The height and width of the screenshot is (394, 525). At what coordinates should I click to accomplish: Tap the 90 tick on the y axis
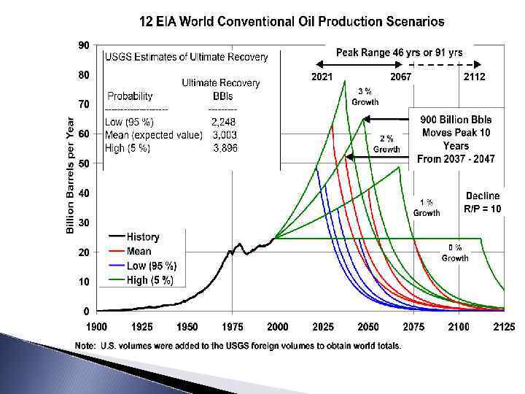coord(84,45)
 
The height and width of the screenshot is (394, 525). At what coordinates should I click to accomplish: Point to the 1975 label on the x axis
coord(232,326)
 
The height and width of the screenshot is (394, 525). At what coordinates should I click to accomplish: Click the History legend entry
coord(143,237)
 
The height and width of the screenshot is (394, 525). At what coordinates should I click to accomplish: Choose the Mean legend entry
coord(139,252)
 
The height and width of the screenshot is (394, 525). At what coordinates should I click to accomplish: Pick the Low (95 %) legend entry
coord(151,266)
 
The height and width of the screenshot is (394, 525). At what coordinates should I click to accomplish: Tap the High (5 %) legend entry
coord(150,280)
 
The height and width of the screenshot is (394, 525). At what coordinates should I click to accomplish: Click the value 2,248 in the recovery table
coord(223,122)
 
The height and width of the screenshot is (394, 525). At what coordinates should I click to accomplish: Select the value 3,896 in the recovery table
coord(224,148)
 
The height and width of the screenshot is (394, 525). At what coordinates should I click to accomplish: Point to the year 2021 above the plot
coord(323,77)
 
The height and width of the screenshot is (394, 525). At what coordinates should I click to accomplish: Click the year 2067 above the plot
coord(400,77)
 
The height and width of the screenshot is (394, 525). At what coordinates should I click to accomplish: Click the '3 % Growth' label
coord(365,96)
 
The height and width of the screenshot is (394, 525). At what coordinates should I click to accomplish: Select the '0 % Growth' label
coord(455,253)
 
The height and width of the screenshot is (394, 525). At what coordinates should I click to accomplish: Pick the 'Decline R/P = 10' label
coord(482,202)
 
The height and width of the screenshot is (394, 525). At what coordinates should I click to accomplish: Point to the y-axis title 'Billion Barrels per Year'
coord(71,175)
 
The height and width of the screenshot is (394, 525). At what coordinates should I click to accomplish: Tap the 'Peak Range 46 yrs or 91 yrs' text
coord(399,53)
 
